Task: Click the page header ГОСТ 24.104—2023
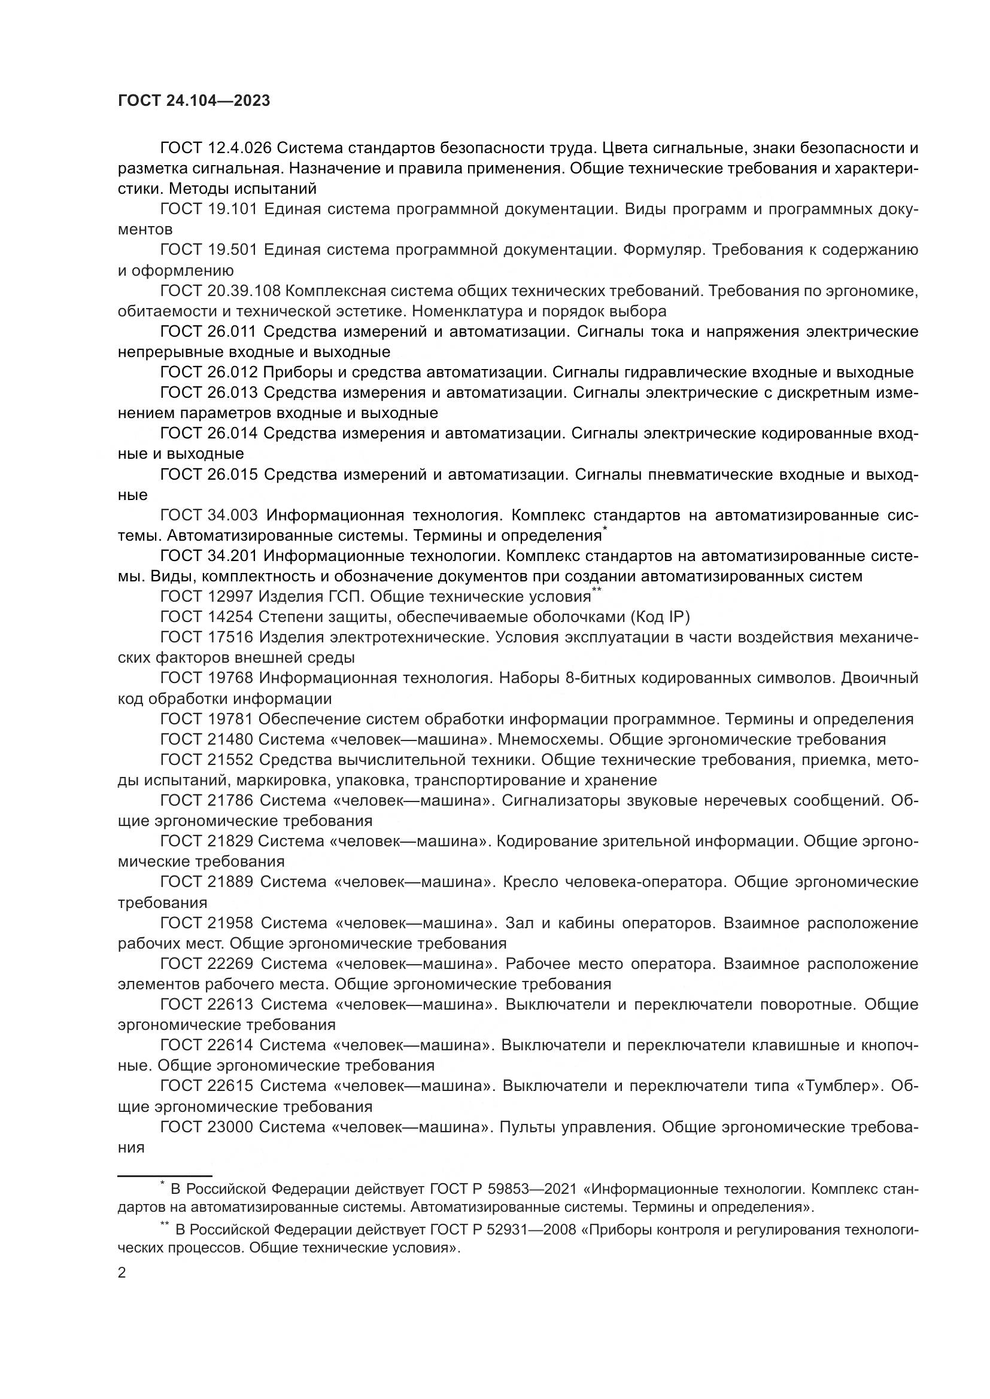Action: coord(194,101)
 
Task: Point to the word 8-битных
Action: coord(604,678)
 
